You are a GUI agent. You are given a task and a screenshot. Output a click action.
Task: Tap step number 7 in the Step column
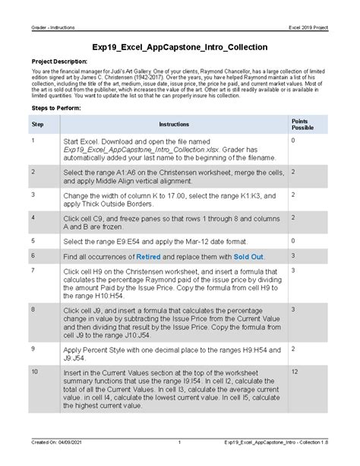click(33, 271)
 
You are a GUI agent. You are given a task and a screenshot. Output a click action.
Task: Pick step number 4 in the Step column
click(33, 217)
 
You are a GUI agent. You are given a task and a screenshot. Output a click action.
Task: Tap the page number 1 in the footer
click(178, 461)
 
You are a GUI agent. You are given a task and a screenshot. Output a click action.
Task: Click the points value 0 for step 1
click(292, 141)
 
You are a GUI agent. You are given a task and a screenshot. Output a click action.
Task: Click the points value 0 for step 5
click(292, 240)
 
